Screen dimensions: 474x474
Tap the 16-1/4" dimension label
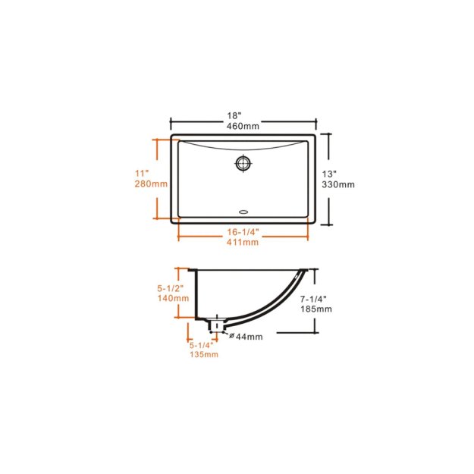243,231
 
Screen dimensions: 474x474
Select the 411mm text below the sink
243,242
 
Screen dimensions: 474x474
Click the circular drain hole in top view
243,162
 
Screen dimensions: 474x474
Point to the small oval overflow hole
243,212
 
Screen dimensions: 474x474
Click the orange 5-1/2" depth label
172,288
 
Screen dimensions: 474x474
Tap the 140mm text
172,298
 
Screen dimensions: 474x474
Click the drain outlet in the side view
217,325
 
